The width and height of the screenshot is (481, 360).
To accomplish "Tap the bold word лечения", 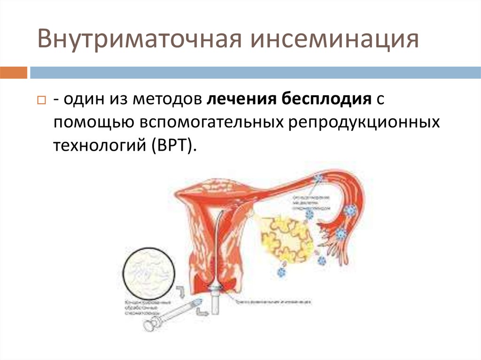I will click(x=239, y=100).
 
